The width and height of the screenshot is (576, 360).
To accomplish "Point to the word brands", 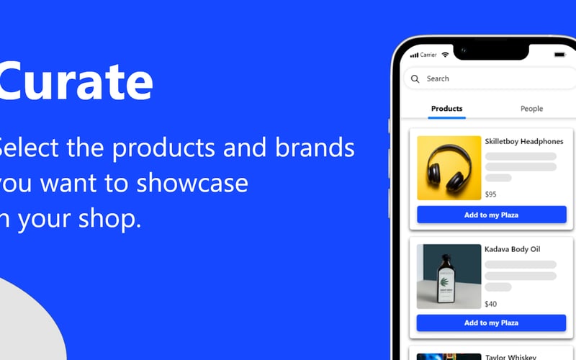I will click(x=315, y=148).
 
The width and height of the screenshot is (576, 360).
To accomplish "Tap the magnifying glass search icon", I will click(x=415, y=79).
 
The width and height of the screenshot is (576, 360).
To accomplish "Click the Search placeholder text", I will click(x=438, y=79).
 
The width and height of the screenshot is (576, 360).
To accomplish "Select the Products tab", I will click(x=446, y=109).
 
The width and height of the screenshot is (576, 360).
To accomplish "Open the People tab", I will click(x=531, y=109).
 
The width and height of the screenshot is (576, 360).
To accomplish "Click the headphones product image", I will click(x=449, y=168).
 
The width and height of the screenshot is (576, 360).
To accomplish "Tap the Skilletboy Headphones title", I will click(x=523, y=142).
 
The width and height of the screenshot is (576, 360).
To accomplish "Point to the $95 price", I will click(x=491, y=194).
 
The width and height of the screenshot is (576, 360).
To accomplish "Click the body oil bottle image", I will click(x=449, y=276).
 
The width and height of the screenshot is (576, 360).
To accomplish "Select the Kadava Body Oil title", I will click(x=512, y=250).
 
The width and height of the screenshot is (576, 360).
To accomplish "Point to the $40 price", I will click(x=491, y=304).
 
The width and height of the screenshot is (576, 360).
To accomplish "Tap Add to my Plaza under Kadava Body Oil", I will click(x=491, y=323).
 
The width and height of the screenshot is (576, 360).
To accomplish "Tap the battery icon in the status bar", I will click(x=559, y=55).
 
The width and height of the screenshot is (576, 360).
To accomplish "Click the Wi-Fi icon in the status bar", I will click(x=446, y=55).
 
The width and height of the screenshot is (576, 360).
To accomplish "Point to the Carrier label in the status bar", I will click(x=428, y=55).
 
